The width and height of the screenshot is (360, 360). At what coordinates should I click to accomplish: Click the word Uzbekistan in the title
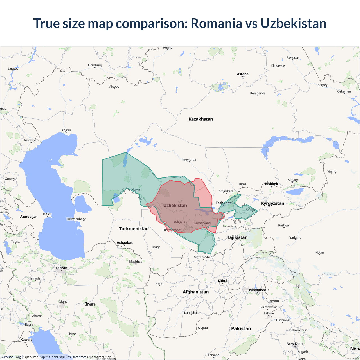(x=293, y=23)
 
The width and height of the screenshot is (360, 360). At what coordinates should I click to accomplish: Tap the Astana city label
(x=243, y=74)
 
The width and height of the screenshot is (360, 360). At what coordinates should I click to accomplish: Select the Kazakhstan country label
(x=201, y=119)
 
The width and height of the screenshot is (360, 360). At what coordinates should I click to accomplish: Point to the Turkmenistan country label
(x=134, y=229)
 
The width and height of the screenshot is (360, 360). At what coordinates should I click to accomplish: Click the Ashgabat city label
(x=125, y=242)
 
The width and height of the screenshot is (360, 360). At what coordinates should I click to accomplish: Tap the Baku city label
(x=47, y=214)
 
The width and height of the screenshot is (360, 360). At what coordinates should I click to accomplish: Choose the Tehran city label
(x=61, y=268)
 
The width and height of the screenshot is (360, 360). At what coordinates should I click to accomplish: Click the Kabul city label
(x=222, y=281)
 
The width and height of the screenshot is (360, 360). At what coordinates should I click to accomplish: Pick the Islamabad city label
(x=257, y=290)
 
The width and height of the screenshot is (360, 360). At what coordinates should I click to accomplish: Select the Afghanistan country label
(x=196, y=292)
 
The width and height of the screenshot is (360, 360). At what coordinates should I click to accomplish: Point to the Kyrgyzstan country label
(x=273, y=203)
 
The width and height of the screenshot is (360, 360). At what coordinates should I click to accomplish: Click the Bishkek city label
(x=271, y=184)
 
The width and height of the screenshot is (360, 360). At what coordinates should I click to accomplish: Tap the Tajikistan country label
(x=237, y=237)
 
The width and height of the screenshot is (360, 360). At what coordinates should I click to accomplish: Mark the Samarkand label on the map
(x=202, y=223)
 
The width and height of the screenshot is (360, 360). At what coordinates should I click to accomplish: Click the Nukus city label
(x=136, y=189)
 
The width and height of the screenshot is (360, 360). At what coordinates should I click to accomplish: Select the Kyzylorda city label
(x=189, y=159)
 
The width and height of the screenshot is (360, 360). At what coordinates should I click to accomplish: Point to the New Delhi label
(x=295, y=344)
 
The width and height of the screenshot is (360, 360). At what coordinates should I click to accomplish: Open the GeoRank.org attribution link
(x=11, y=357)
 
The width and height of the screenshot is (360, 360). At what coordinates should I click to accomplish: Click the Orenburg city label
(x=95, y=65)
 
